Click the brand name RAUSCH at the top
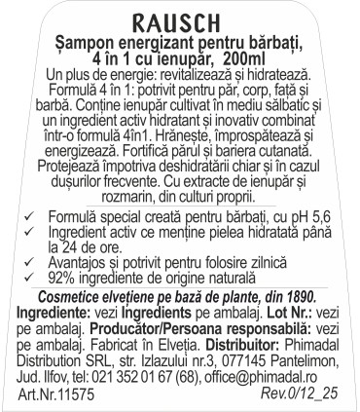click(179, 18)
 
